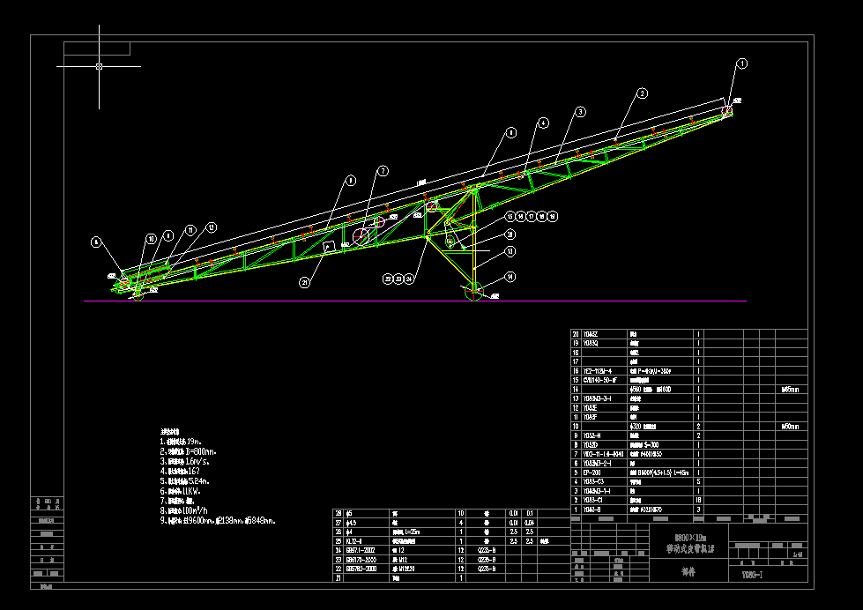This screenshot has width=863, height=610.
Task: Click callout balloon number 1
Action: (x=742, y=63)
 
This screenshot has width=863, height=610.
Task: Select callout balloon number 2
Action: (x=643, y=93)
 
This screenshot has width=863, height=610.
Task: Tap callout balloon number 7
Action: (x=383, y=171)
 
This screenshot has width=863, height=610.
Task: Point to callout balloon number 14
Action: (x=510, y=277)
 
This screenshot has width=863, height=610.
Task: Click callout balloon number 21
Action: (x=304, y=283)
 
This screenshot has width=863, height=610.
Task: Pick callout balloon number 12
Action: (x=211, y=227)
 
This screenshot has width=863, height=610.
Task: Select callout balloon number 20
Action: (x=510, y=234)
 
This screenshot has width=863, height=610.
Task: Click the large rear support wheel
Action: (x=475, y=292)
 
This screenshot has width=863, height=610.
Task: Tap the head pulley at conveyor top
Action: (x=728, y=111)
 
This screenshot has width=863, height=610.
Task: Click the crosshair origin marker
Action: (x=99, y=66)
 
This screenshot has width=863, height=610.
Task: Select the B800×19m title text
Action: (x=684, y=536)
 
